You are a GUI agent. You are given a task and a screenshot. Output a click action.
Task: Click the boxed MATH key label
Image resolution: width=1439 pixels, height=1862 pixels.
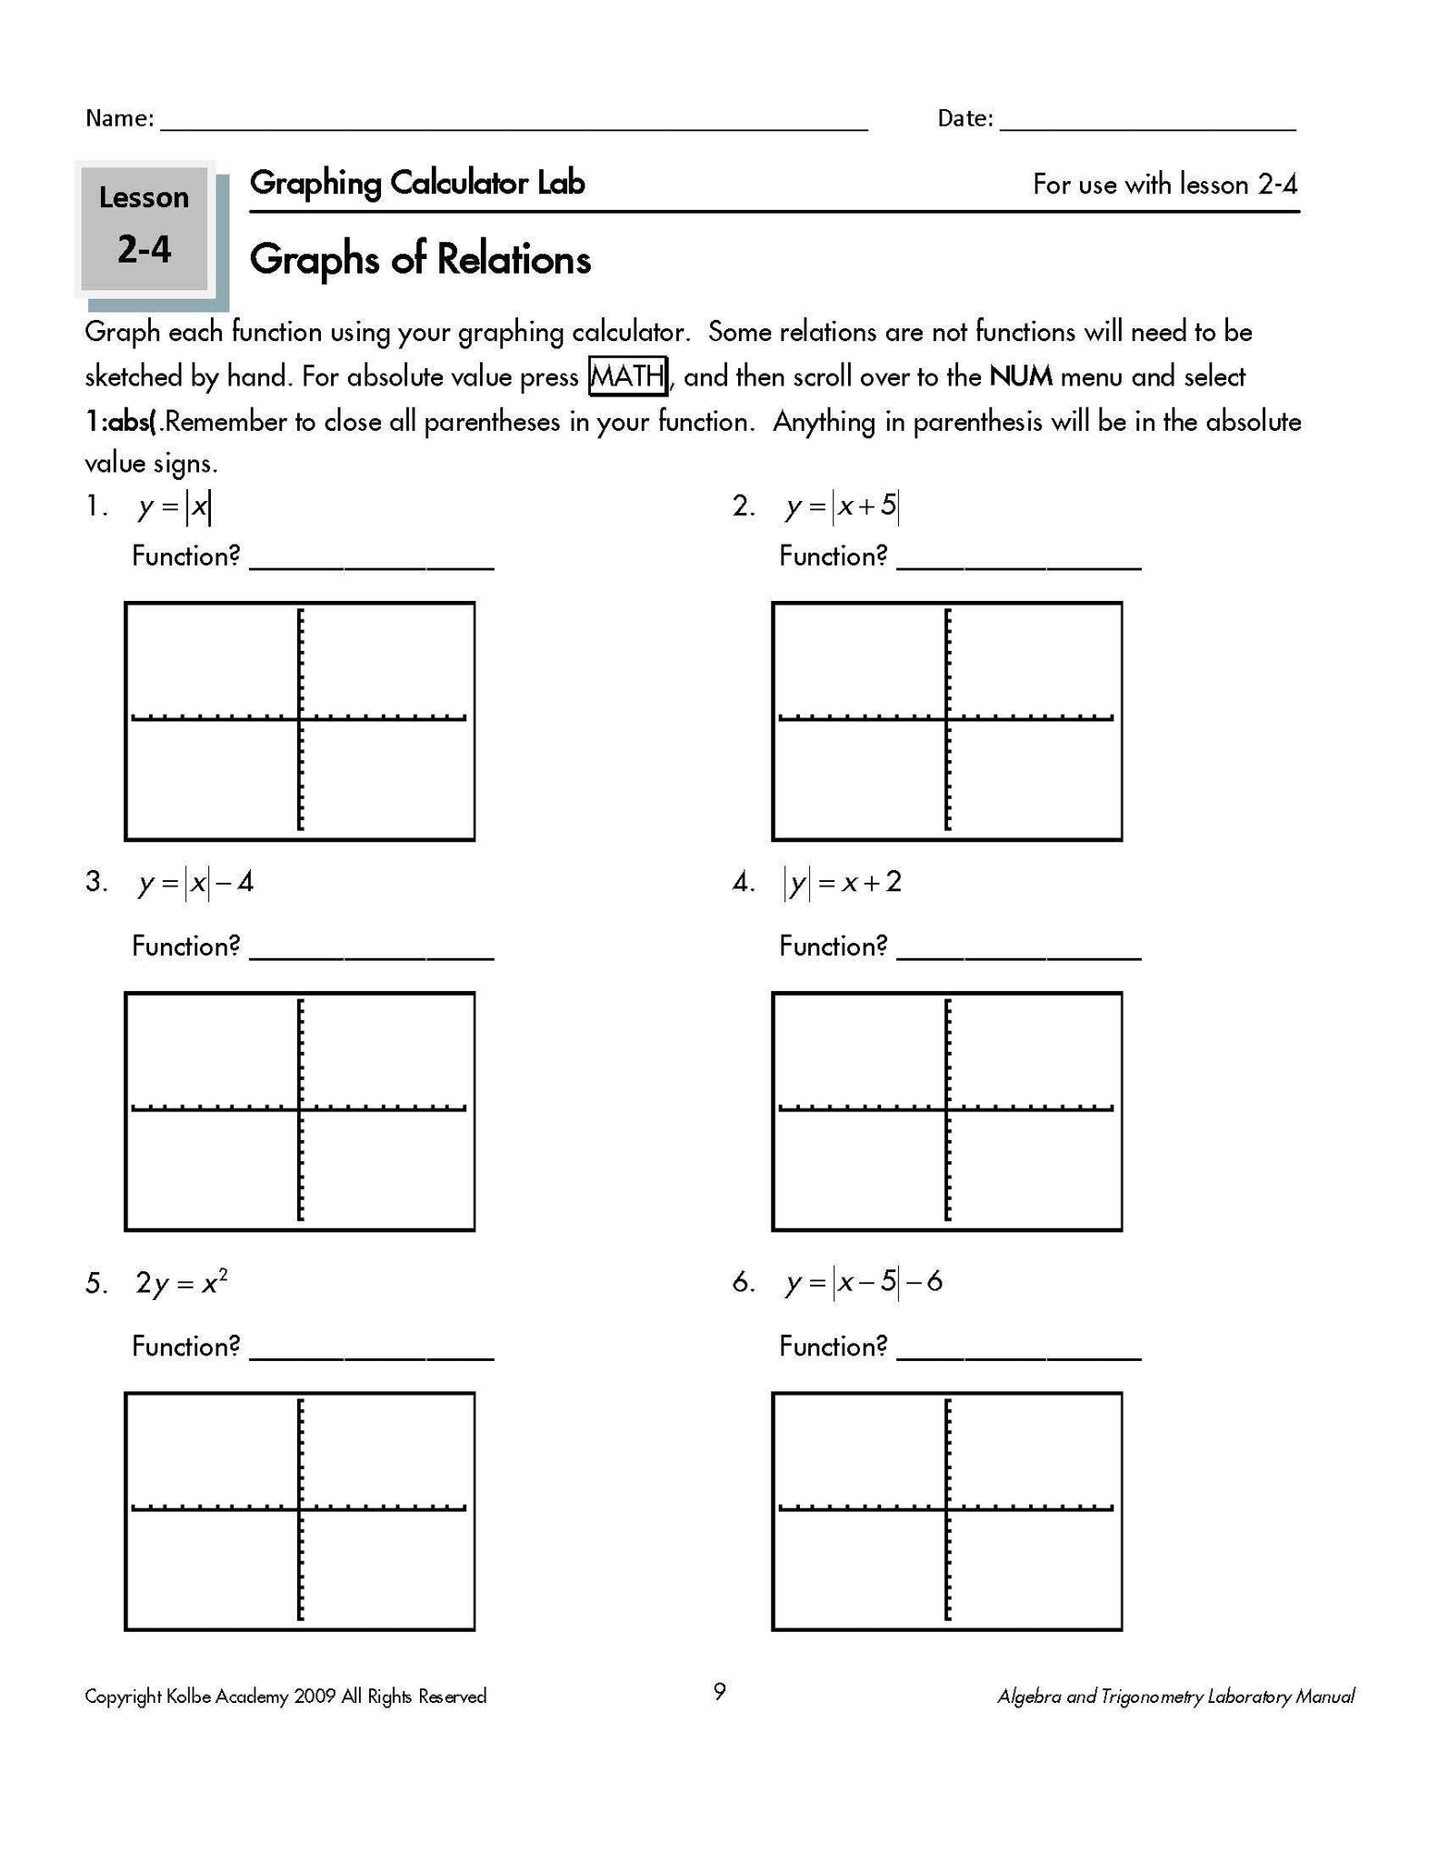628,376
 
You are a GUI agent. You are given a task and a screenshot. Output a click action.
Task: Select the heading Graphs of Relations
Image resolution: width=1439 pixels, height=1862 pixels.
420,260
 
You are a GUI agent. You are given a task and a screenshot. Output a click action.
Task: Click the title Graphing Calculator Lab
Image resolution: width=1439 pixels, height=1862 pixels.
417,184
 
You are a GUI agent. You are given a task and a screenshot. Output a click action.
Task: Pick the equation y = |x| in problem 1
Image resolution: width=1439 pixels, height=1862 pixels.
175,507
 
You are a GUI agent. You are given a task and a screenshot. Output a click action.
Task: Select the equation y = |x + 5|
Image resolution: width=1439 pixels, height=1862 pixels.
842,507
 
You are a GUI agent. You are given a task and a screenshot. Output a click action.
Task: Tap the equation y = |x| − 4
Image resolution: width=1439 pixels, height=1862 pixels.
195,883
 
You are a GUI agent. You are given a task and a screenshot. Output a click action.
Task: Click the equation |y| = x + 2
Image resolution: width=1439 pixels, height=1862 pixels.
843,883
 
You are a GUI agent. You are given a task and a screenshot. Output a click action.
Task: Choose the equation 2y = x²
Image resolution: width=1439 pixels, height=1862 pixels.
181,1283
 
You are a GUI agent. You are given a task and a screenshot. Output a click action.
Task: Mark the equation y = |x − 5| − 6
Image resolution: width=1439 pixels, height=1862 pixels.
864,1283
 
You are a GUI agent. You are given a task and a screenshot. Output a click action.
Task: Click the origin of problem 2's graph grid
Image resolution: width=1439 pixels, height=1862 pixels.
947,719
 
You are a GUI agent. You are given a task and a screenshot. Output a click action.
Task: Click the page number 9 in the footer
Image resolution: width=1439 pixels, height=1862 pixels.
719,1692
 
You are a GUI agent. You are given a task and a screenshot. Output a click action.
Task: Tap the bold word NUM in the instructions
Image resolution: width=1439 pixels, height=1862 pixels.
1020,376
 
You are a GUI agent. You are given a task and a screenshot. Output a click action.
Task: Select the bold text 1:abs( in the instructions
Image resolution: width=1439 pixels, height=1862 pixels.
122,422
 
